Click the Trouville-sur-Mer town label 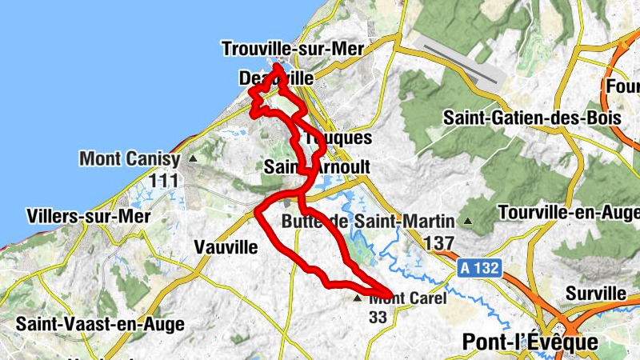(293, 49)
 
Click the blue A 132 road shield (481, 271)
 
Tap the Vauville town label (226, 247)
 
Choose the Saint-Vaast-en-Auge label (100, 324)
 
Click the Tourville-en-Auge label (568, 213)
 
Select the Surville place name (595, 293)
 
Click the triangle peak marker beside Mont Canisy (192, 158)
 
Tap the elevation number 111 (162, 181)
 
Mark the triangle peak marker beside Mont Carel (358, 298)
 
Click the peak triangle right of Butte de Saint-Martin (467, 221)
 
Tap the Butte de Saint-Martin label (368, 221)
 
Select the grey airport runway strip (463, 65)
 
